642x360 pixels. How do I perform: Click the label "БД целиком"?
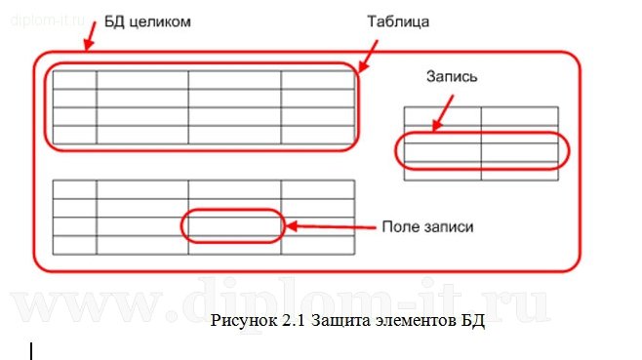147,20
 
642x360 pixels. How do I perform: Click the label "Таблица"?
398,20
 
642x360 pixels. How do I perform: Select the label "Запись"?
452,75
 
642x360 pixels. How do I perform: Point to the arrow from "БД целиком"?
89,36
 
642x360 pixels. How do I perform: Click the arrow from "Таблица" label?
369,54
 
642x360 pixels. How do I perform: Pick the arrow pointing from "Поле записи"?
332,227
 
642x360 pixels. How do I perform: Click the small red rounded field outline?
233,225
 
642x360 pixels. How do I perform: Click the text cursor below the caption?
31,350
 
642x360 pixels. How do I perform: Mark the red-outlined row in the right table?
481,151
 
